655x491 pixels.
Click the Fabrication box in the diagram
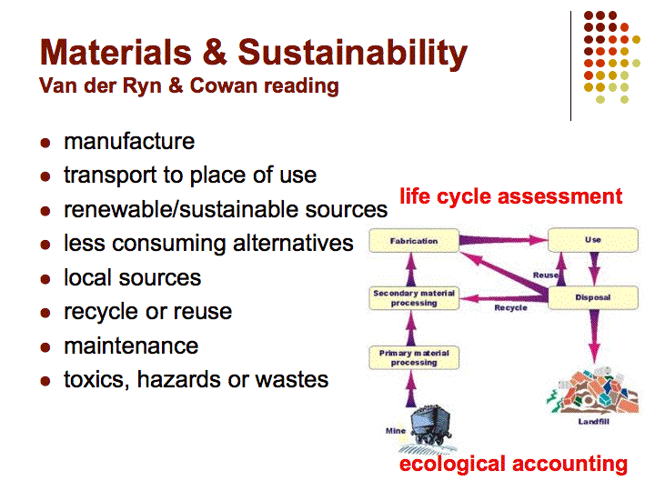click(x=414, y=240)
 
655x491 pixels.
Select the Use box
click(x=593, y=240)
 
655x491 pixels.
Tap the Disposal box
click(x=593, y=297)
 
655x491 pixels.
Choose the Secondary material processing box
click(x=414, y=298)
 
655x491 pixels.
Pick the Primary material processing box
click(x=414, y=358)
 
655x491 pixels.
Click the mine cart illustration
click(x=430, y=425)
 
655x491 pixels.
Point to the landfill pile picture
click(x=592, y=391)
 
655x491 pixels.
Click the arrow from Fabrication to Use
click(x=503, y=240)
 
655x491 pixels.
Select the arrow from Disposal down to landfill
click(x=593, y=336)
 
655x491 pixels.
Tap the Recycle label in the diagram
click(x=510, y=307)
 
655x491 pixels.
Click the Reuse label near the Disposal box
click(x=546, y=276)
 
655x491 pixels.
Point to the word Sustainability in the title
click(x=353, y=53)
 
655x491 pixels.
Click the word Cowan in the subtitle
click(x=224, y=85)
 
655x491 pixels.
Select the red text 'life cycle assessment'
click(x=511, y=196)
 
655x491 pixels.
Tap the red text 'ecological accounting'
click(x=513, y=465)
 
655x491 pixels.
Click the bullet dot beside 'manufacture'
click(x=45, y=143)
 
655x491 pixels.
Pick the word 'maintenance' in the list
click(x=131, y=346)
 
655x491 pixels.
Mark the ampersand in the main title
click(x=215, y=53)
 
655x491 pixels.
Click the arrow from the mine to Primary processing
click(x=411, y=388)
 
